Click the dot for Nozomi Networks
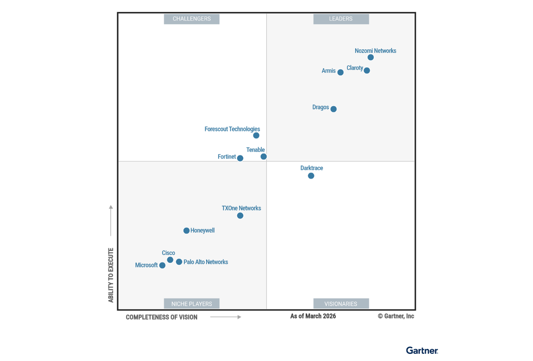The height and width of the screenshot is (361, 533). pyautogui.click(x=371, y=57)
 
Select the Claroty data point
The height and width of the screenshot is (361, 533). pyautogui.click(x=367, y=70)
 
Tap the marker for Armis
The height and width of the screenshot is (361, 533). pyautogui.click(x=340, y=72)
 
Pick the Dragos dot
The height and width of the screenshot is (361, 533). pyautogui.click(x=333, y=109)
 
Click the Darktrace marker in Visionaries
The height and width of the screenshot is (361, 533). pyautogui.click(x=311, y=175)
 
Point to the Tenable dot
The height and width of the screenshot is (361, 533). pyautogui.click(x=263, y=156)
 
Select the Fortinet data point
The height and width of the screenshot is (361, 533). pyautogui.click(x=240, y=158)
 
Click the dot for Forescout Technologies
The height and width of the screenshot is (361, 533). pyautogui.click(x=256, y=135)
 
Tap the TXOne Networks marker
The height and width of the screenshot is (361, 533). pyautogui.click(x=240, y=215)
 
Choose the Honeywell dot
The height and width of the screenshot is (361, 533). pyautogui.click(x=186, y=230)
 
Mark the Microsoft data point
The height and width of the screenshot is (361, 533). pyautogui.click(x=162, y=265)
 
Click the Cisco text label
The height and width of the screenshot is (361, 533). pyautogui.click(x=169, y=253)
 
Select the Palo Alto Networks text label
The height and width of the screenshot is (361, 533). pyautogui.click(x=206, y=262)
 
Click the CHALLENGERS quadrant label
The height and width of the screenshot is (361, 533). pyautogui.click(x=192, y=19)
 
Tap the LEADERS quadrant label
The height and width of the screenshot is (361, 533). pyautogui.click(x=341, y=19)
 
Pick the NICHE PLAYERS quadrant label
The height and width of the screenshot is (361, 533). pyautogui.click(x=192, y=304)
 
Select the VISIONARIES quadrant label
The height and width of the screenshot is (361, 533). pyautogui.click(x=341, y=304)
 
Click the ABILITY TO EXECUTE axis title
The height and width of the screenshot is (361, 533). pyautogui.click(x=111, y=275)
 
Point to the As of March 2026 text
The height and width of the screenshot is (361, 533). pyautogui.click(x=313, y=316)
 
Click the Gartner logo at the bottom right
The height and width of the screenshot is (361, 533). pyautogui.click(x=422, y=350)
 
